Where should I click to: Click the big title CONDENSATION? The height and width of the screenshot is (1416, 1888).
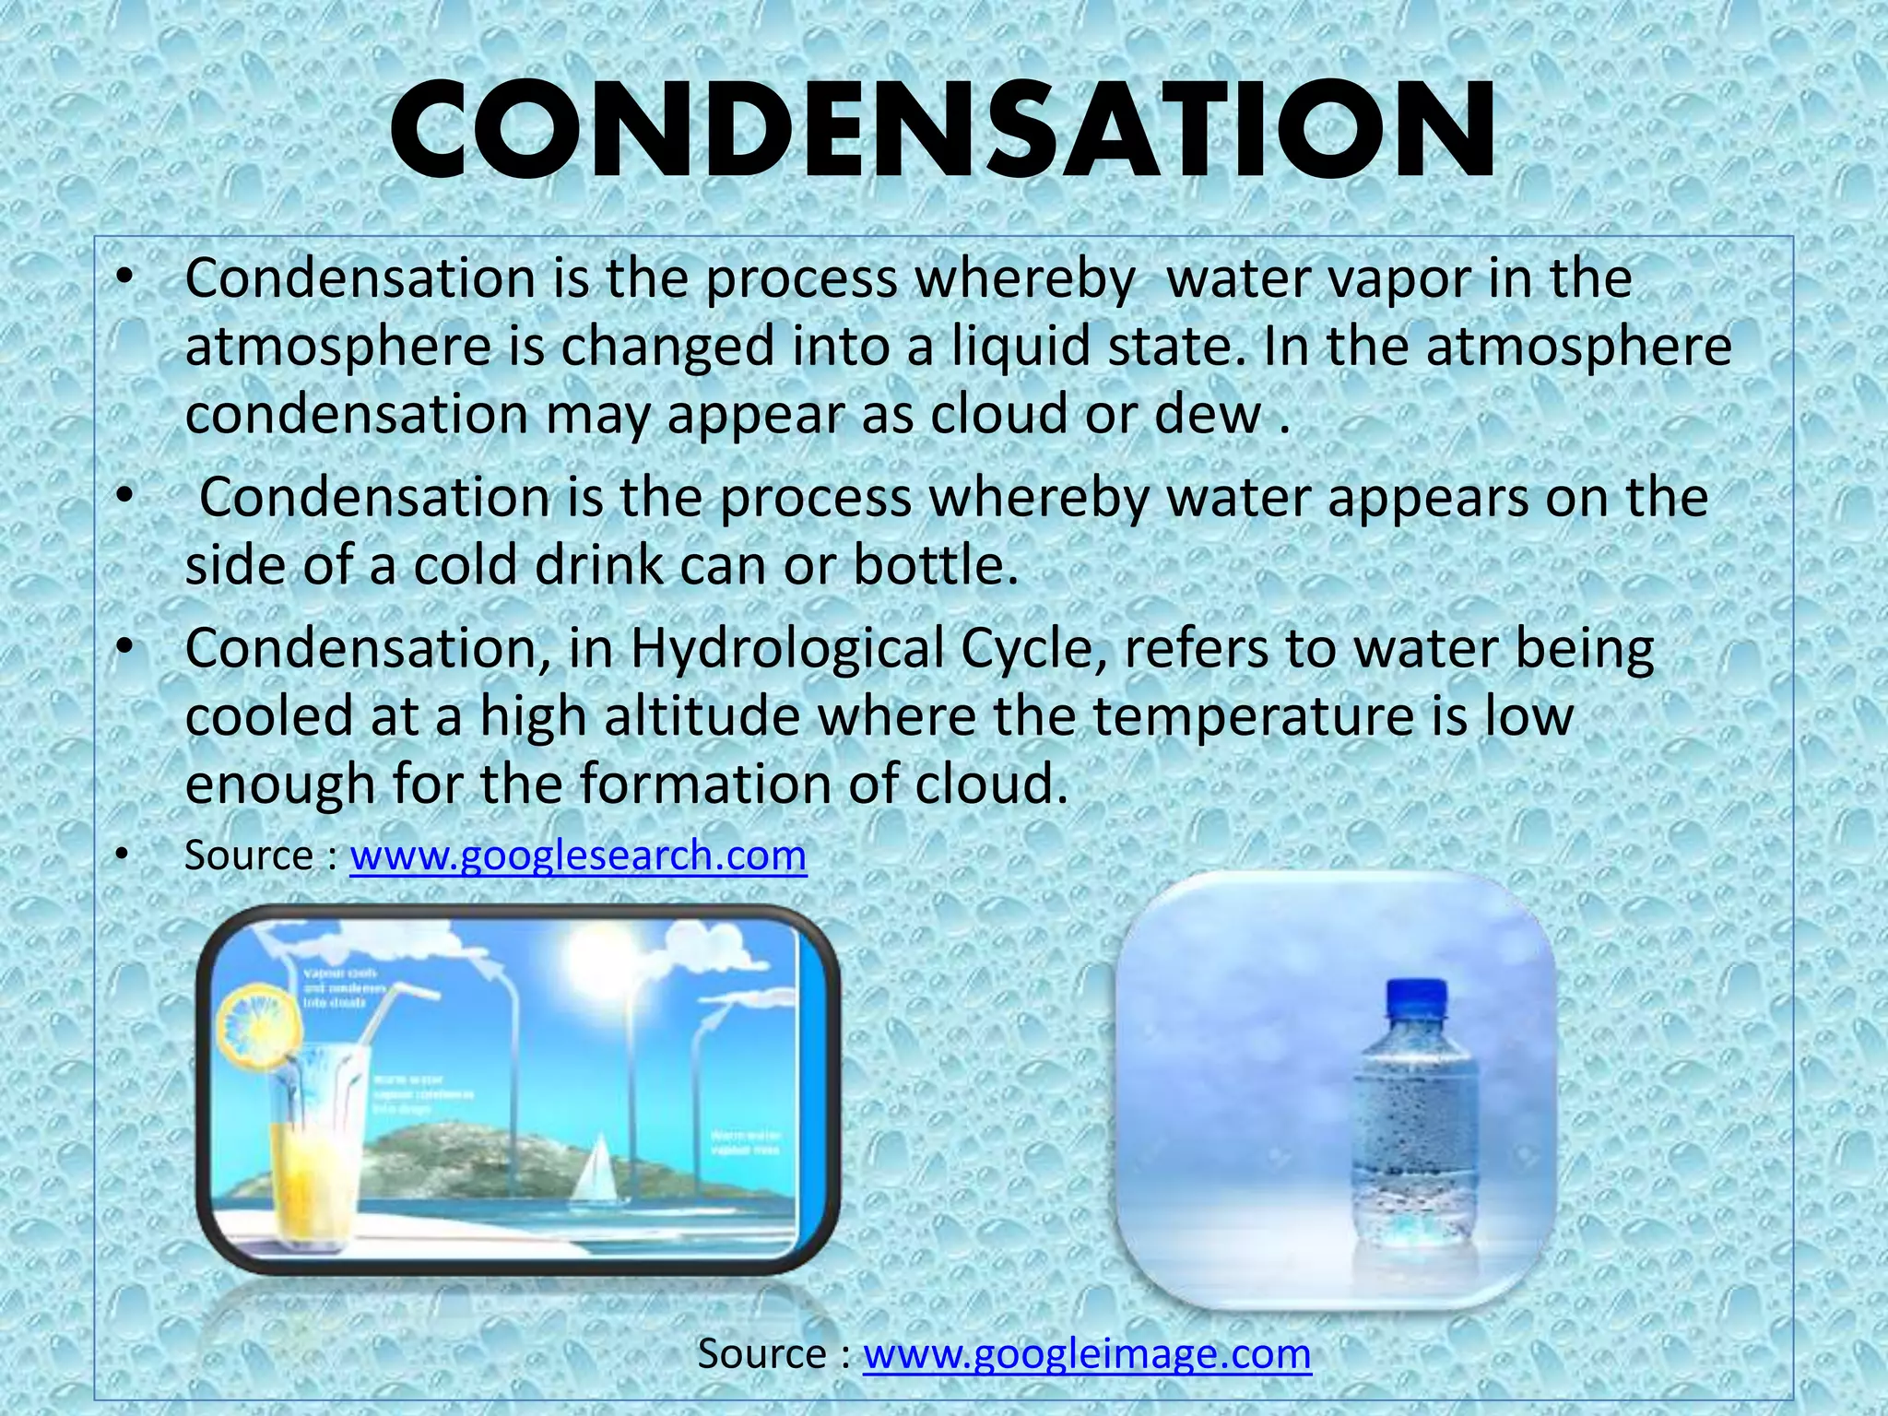click(x=942, y=131)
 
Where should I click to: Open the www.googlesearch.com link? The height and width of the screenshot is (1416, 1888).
click(x=578, y=855)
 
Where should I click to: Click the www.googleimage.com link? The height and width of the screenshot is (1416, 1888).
click(x=1086, y=1353)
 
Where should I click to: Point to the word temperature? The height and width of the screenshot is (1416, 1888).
click(x=1252, y=716)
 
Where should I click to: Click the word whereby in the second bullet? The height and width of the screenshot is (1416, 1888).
click(x=1038, y=498)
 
